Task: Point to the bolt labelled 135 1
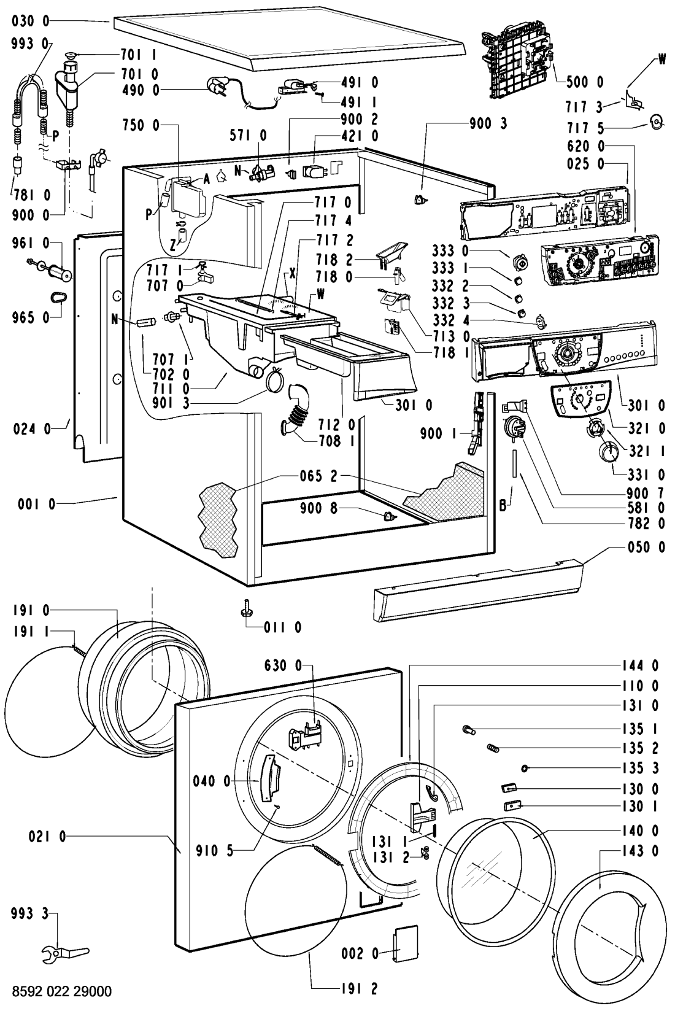[x=469, y=730]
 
